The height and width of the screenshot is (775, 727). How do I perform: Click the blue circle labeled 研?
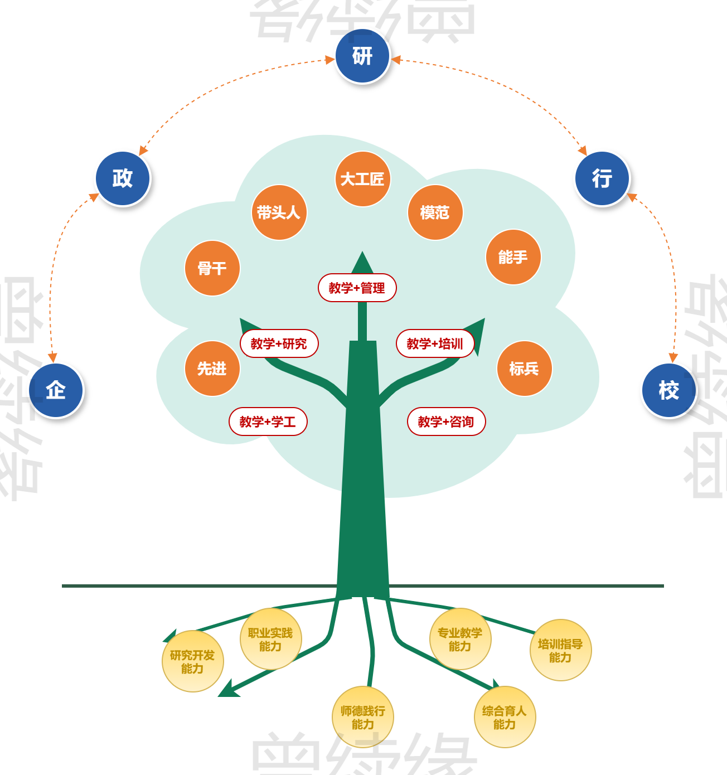pos(362,56)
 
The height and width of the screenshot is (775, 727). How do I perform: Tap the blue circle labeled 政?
pos(123,178)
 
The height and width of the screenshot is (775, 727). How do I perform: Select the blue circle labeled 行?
pos(602,178)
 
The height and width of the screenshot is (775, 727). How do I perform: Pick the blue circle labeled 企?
pos(56,390)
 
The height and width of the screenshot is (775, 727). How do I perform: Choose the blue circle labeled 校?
pos(669,390)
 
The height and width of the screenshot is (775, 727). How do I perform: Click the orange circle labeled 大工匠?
pos(362,179)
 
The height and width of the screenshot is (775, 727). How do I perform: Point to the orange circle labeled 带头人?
pos(279,212)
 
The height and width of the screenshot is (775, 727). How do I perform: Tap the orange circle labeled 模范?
pos(435,212)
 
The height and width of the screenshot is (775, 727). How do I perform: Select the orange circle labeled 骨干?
pos(212,268)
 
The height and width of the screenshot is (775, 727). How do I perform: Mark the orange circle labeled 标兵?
pos(524,369)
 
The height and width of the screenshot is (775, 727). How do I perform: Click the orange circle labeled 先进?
pos(212,369)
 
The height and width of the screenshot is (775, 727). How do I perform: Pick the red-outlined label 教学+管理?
pos(357,288)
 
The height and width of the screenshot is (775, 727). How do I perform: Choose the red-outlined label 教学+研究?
pos(279,343)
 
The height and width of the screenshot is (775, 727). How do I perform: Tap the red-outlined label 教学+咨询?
pos(446,422)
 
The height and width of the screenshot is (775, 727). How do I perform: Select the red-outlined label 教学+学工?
pos(268,422)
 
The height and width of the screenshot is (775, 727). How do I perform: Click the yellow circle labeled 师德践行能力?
pos(362,717)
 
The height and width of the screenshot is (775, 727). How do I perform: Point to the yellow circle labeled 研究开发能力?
pos(192,661)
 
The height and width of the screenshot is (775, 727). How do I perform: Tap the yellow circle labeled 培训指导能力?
pos(560,650)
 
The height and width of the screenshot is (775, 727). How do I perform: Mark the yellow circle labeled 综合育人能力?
pos(505,717)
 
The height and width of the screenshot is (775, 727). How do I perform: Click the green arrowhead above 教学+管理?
pos(362,263)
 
